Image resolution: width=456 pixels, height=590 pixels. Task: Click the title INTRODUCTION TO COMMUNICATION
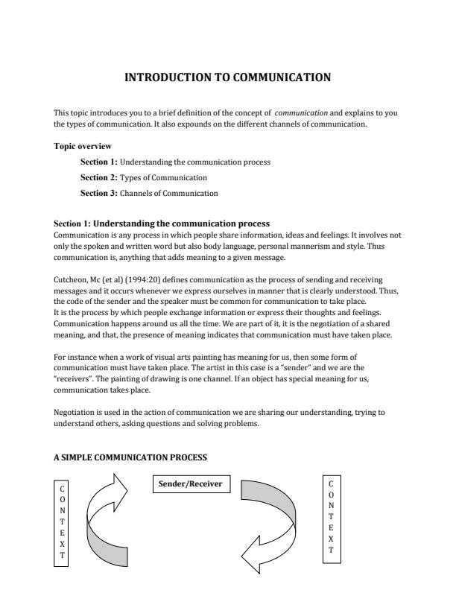227,77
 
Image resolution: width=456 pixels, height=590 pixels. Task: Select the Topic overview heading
83,146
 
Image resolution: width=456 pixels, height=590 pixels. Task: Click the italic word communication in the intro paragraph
302,113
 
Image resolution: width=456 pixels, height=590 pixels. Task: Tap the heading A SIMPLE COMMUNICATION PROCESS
130,456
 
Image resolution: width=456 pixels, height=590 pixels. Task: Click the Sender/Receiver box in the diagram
191,484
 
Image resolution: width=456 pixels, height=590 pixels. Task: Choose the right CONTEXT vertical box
330,516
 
